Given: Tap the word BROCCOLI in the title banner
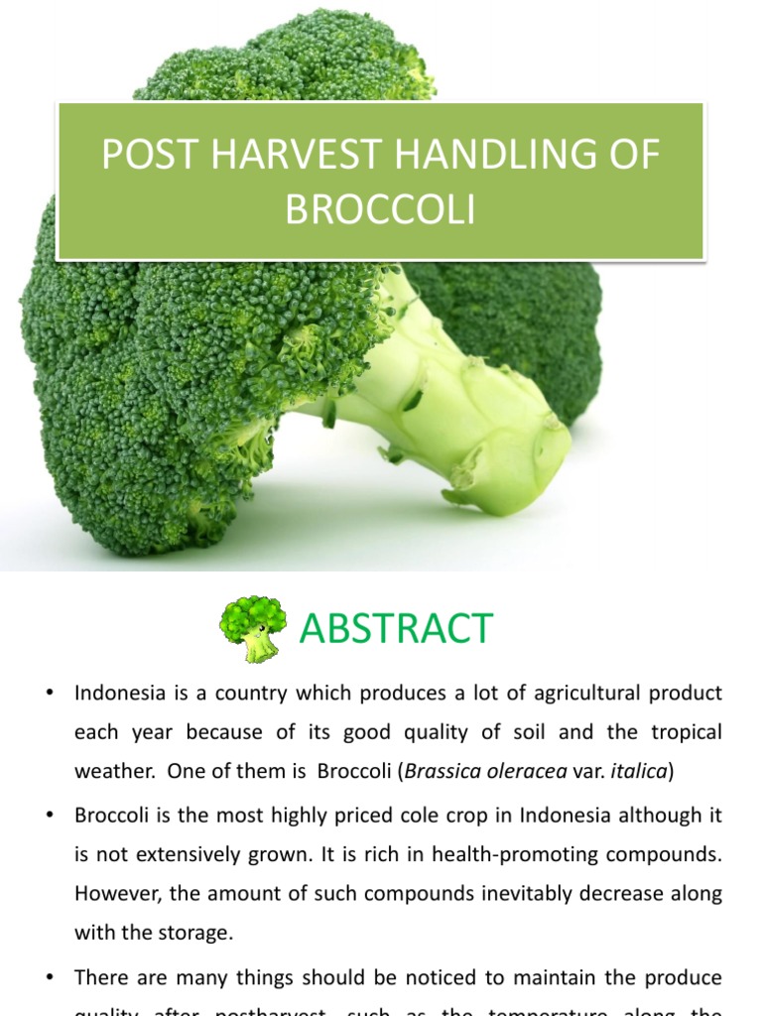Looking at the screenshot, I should (380, 210).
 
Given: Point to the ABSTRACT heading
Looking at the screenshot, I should (396, 629).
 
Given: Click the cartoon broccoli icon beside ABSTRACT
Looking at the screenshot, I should (252, 629).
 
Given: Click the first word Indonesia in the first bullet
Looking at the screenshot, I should (118, 694).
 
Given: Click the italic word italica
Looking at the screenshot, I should (641, 771).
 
